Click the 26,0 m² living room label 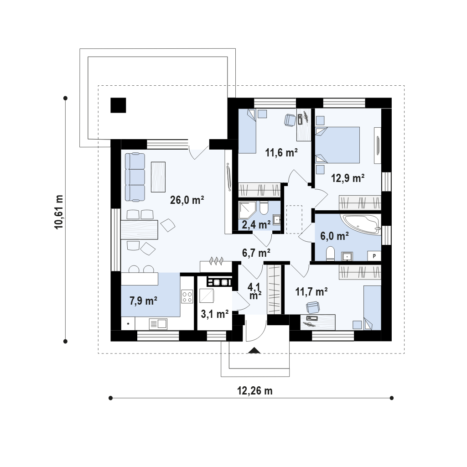[187, 200]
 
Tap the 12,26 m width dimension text [254, 390]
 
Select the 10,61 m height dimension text [59, 212]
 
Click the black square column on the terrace [118, 105]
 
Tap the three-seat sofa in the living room [135, 177]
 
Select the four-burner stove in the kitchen [187, 297]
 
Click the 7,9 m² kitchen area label [143, 301]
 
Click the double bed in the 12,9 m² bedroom [337, 145]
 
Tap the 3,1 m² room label [215, 314]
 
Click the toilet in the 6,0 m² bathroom [331, 253]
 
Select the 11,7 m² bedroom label [311, 291]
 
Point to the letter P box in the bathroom [374, 256]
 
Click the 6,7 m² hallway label [256, 253]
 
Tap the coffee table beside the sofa [158, 177]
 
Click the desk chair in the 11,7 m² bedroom [312, 307]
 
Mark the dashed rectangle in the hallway [294, 219]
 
